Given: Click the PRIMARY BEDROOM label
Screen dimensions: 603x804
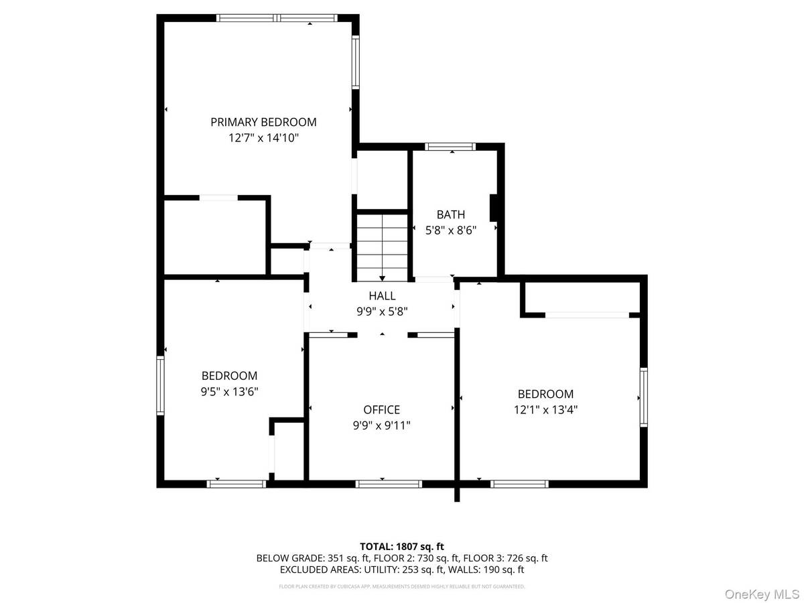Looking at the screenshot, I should click(263, 122).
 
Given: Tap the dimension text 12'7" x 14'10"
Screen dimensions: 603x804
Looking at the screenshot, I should click(263, 138).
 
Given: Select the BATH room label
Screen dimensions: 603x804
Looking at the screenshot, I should click(451, 214).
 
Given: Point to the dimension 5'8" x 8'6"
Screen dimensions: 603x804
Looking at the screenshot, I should click(451, 230).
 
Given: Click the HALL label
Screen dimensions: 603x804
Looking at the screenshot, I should click(382, 295).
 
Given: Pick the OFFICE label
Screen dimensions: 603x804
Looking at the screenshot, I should click(381, 409).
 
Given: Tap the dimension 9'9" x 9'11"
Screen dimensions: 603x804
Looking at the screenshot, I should click(381, 425).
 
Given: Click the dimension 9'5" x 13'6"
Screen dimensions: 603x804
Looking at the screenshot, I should click(230, 391).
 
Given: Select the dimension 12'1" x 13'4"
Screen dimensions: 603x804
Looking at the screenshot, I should click(545, 409).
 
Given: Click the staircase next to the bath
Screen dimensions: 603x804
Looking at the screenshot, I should click(382, 246).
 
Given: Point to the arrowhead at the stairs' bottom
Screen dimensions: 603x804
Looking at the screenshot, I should click(382, 277).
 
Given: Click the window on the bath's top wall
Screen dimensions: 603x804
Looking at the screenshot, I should click(450, 147).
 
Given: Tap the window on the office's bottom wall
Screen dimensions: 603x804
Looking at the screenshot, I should click(389, 483).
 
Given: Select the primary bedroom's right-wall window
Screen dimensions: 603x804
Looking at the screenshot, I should click(356, 62).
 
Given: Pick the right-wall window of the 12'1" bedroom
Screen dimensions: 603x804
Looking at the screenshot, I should click(643, 397).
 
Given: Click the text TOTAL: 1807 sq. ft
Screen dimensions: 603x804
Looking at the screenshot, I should click(401, 546).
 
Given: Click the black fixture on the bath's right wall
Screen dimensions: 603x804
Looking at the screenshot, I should click(494, 208).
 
